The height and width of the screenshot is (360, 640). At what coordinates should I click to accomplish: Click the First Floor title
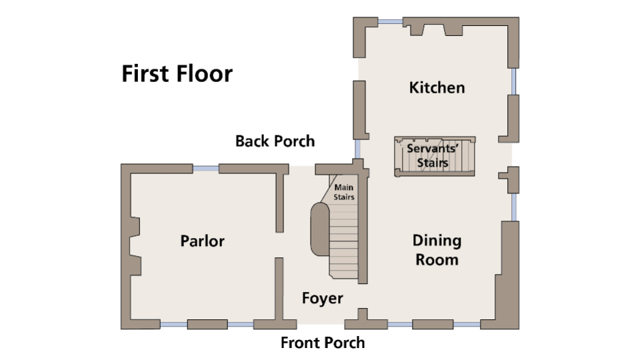tap(177, 73)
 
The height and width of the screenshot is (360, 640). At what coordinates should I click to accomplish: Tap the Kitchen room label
tap(437, 87)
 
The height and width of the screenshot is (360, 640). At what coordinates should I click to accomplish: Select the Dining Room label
tap(437, 249)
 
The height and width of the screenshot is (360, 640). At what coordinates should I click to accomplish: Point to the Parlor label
tap(202, 241)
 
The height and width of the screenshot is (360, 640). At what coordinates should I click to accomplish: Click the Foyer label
tap(322, 298)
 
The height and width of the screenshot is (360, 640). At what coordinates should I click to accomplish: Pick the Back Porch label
tap(275, 141)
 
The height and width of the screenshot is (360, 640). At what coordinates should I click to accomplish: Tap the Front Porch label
tap(323, 343)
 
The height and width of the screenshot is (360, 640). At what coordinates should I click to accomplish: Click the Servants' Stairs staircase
tap(436, 157)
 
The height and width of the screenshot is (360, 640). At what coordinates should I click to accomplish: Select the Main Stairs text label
tap(344, 192)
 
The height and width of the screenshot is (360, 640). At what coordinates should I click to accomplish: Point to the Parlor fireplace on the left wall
tap(135, 246)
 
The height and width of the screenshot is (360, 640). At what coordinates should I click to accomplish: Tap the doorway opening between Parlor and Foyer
tap(280, 245)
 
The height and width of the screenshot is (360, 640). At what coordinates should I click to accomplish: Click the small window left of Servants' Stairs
tap(357, 147)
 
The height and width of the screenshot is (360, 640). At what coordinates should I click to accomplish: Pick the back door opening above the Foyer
tap(300, 168)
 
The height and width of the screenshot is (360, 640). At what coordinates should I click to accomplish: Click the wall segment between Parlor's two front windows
tap(207, 325)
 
